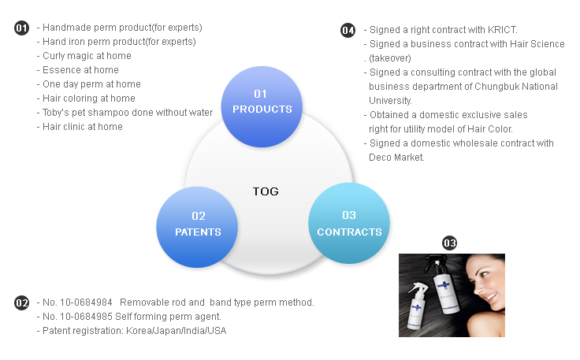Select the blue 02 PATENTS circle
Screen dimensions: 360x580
pos(198,224)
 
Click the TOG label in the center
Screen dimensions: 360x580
pos(266,191)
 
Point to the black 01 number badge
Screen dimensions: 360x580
pos(22,28)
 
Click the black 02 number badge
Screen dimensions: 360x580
pos(22,303)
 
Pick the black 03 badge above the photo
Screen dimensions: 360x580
pos(450,243)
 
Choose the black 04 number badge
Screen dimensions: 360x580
pos(348,30)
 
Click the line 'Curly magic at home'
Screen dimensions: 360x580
pos(87,56)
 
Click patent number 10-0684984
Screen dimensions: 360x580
pos(86,302)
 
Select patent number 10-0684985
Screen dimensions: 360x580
pos(86,317)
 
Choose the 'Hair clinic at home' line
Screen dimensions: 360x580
pos(83,127)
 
